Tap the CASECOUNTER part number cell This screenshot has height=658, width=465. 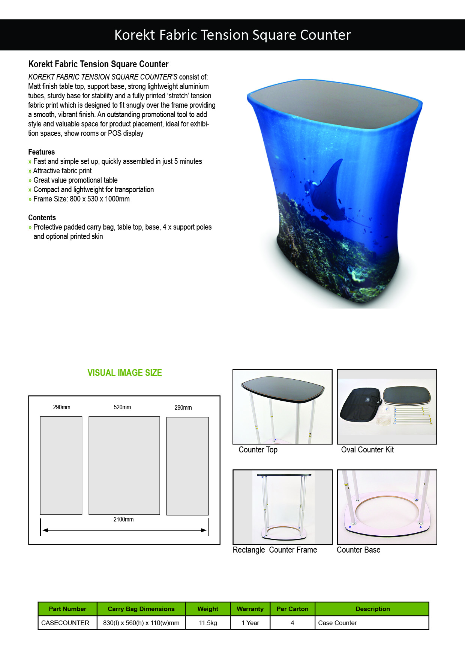(65, 623)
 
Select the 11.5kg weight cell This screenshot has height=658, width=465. (208, 623)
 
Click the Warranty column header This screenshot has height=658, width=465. (250, 609)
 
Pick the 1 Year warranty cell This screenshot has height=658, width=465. (250, 623)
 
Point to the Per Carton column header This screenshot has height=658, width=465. (292, 609)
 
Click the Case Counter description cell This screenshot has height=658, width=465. (337, 623)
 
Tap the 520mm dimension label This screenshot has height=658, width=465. (122, 407)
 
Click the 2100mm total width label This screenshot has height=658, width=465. (123, 520)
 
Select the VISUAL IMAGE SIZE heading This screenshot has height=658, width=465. (124, 373)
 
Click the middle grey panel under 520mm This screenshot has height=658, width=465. (124, 465)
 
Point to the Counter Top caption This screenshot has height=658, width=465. (258, 450)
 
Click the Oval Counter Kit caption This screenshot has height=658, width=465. (367, 450)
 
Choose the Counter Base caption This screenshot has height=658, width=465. (358, 550)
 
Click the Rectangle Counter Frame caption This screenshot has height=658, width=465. (275, 550)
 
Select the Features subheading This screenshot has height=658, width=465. (42, 152)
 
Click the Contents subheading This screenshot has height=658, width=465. (42, 218)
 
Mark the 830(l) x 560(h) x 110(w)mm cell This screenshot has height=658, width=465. (141, 623)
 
